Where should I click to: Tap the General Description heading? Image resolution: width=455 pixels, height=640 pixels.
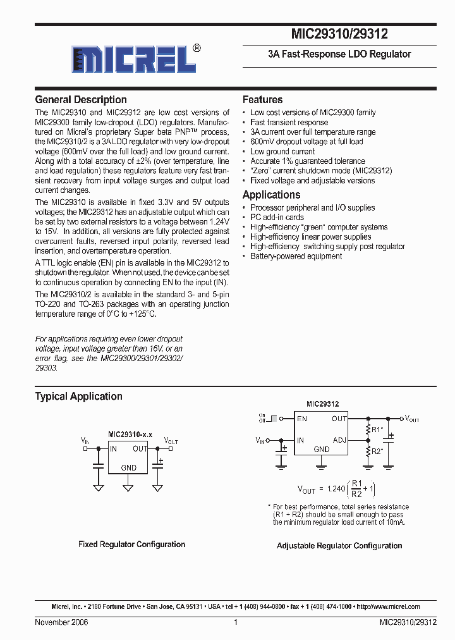pos(81,100)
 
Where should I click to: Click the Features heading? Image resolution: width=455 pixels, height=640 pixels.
pos(262,100)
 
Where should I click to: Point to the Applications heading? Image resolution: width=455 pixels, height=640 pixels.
pos(271,195)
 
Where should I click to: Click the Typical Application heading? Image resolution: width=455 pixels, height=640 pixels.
pos(78,397)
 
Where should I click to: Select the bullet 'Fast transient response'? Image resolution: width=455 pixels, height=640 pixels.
pos(289,122)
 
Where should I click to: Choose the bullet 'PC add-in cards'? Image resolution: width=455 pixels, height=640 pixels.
pos(277,218)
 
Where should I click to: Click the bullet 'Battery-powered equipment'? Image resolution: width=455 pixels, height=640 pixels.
pos(296,256)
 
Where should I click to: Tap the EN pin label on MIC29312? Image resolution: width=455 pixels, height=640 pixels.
pos(302,419)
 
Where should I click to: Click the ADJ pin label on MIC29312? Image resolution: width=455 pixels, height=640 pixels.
pos(339,440)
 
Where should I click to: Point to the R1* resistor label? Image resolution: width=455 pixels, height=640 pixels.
pos(377,429)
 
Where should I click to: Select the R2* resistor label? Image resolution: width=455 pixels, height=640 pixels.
pos(377,452)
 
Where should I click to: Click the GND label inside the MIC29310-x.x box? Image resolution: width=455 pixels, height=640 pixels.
pos(128,467)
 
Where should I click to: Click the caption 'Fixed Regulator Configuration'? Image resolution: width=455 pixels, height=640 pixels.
pos(131,544)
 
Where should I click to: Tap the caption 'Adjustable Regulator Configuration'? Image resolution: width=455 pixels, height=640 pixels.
pos(339,546)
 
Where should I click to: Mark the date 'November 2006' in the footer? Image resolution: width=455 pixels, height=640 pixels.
pos(61,622)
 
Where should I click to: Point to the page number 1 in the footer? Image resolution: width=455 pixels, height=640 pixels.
pos(235,622)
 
